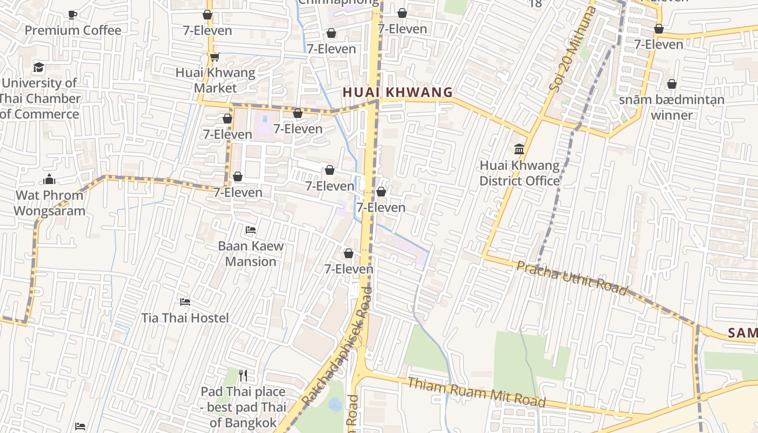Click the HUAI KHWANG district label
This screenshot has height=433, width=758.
(397, 93)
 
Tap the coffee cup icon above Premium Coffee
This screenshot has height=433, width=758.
(73, 15)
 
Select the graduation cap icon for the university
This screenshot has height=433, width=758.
(38, 68)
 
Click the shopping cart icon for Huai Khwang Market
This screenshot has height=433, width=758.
(215, 57)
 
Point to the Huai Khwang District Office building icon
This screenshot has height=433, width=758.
(519, 149)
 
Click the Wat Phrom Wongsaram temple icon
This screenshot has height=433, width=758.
(49, 179)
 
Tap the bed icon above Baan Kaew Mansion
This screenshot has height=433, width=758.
(250, 230)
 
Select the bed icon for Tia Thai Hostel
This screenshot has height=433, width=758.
(185, 301)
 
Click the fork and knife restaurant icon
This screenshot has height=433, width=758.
(243, 375)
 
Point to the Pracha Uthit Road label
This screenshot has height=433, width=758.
(572, 278)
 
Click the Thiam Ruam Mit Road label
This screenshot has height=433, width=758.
(476, 392)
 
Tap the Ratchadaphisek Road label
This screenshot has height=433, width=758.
(337, 346)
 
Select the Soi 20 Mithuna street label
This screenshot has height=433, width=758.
(573, 49)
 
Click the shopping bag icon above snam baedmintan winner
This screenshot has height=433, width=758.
(672, 84)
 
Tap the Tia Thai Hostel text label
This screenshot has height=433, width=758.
(185, 318)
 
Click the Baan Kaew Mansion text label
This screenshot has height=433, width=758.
(251, 254)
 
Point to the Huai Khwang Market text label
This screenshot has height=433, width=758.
(215, 80)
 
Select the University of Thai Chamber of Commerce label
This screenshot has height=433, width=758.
(40, 99)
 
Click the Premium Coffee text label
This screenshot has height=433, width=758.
(73, 30)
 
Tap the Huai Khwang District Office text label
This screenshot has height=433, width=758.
(519, 173)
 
